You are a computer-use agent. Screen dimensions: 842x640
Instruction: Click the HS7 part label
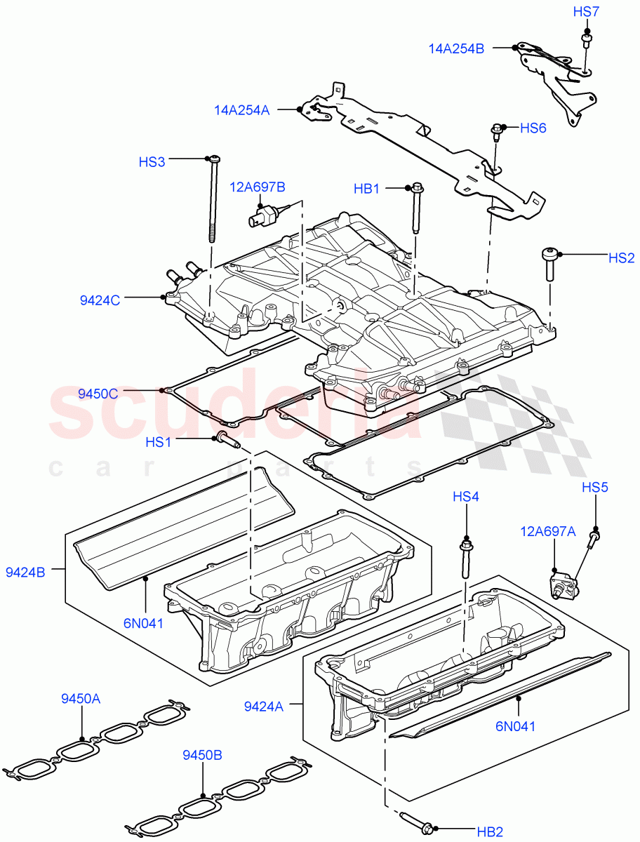(586, 12)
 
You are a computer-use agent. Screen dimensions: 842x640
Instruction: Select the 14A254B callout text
(456, 48)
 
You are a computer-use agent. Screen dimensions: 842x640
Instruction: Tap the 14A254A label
(241, 110)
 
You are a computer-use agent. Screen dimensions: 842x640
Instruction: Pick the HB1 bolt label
(366, 188)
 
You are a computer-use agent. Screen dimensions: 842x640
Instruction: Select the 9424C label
(100, 300)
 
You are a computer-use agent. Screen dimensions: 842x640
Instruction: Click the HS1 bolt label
(159, 441)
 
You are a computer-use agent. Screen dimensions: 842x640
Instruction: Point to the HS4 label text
(465, 497)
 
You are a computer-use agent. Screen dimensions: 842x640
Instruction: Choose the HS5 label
(594, 488)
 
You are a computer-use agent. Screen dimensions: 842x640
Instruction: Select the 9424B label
(25, 572)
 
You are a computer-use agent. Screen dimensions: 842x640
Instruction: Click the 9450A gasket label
(81, 699)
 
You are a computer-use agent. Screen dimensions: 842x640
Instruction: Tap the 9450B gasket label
(202, 755)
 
